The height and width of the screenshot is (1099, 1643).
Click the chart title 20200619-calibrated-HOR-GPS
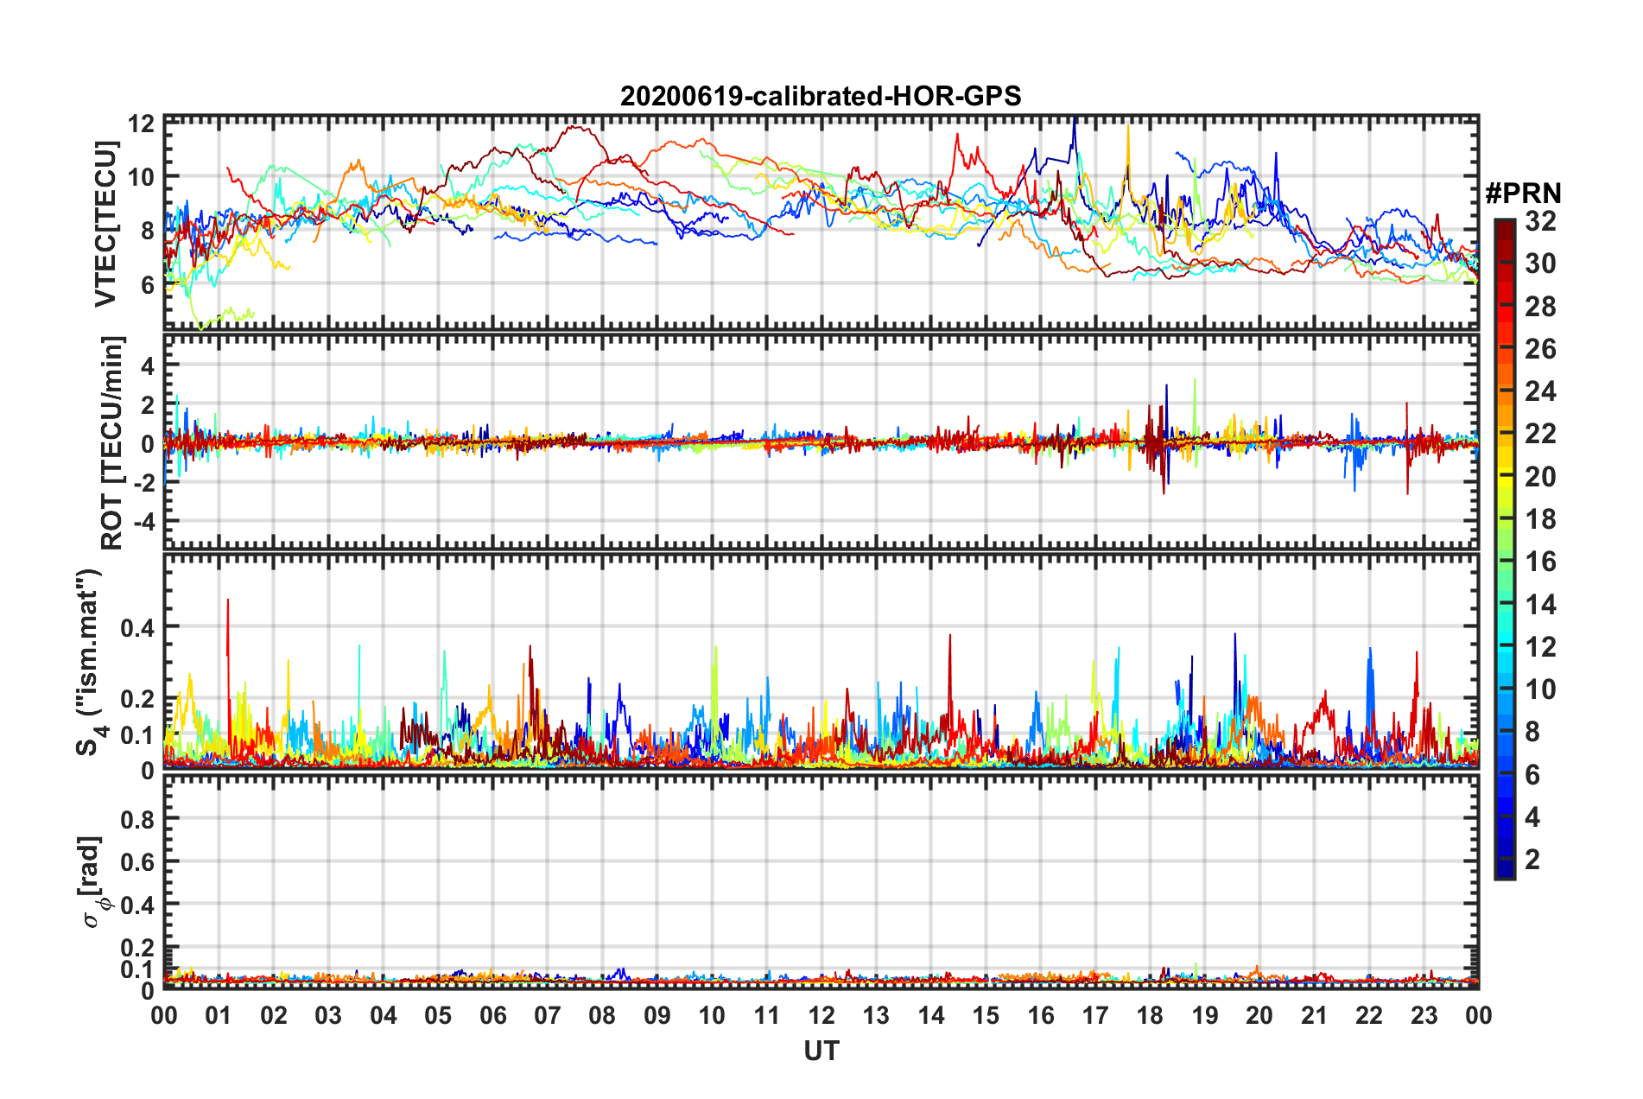821,96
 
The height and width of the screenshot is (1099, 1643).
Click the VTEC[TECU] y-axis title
105,225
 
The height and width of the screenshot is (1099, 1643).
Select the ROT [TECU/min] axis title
111,443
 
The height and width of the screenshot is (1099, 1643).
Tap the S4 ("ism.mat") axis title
92,662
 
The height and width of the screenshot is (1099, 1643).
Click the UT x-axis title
821,1051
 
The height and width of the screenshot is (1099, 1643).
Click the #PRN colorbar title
1523,194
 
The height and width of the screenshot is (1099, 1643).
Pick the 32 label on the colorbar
1540,221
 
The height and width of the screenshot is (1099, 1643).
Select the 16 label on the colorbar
1540,562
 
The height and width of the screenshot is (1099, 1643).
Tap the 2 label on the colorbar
1532,859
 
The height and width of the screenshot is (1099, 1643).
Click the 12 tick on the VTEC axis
142,124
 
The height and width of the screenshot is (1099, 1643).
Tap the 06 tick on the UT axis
492,1015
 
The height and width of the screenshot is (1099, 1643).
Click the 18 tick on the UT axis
1150,1015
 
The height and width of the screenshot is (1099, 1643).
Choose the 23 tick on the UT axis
1424,1015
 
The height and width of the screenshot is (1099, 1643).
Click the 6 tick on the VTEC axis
147,284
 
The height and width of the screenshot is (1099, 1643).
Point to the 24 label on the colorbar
1540,391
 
